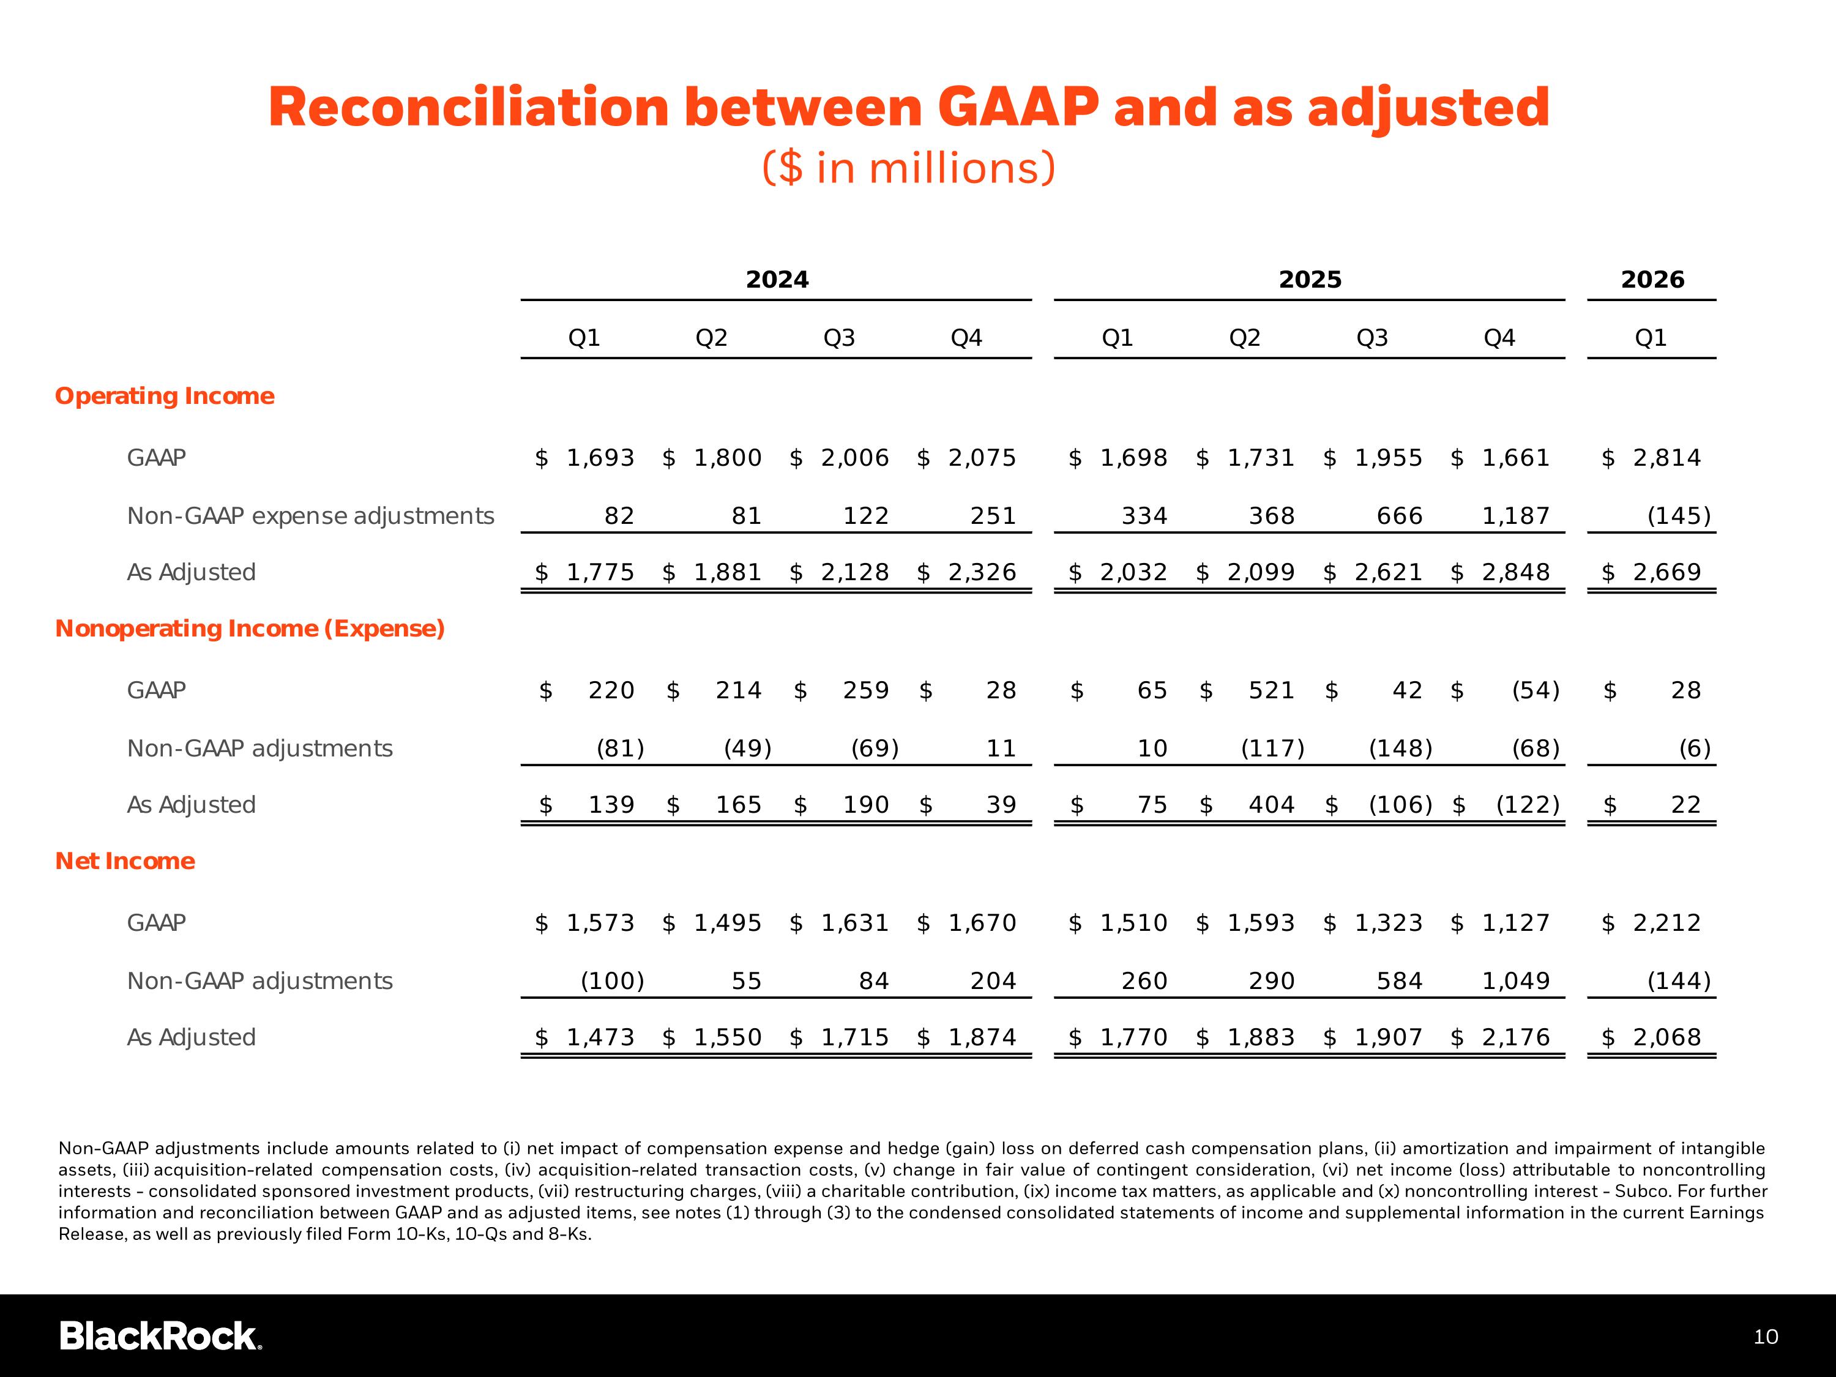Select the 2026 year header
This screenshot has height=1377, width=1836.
pyautogui.click(x=1652, y=280)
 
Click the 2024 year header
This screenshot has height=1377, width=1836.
pyautogui.click(x=777, y=280)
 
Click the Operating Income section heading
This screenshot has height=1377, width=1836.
pyautogui.click(x=165, y=396)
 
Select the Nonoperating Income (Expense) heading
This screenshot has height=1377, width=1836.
pyautogui.click(x=250, y=629)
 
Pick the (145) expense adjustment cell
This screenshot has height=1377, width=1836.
pyautogui.click(x=1678, y=517)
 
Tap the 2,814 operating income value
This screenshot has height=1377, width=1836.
pyautogui.click(x=1666, y=458)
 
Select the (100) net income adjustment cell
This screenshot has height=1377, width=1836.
pyautogui.click(x=613, y=981)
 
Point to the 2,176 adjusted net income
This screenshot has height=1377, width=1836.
pyautogui.click(x=1515, y=1037)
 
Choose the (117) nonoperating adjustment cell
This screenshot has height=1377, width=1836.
pyautogui.click(x=1272, y=748)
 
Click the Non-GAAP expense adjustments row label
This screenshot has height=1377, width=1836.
pyautogui.click(x=310, y=517)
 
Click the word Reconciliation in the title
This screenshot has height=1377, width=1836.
pyautogui.click(x=468, y=108)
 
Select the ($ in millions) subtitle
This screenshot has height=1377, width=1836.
pyautogui.click(x=909, y=168)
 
